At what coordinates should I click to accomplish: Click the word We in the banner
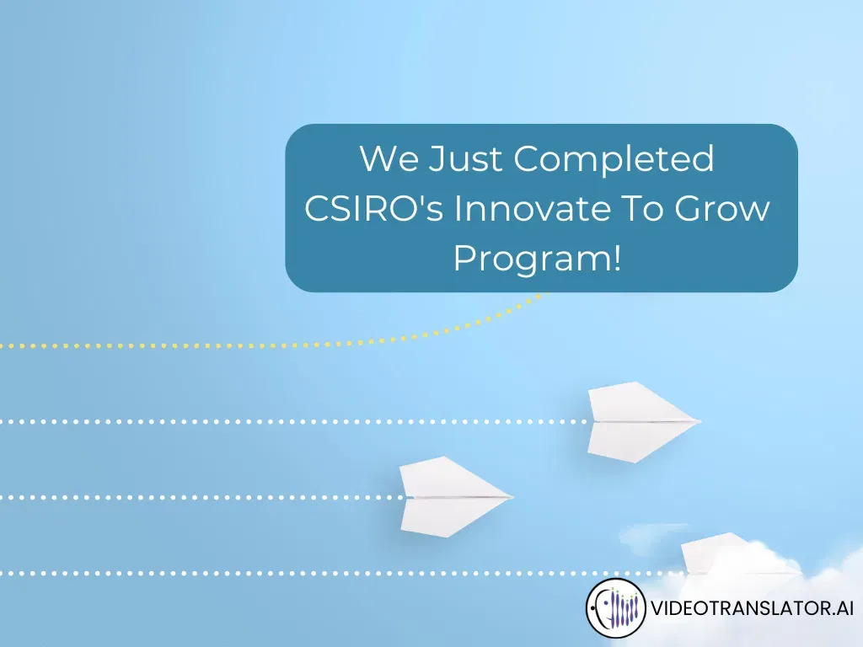click(x=389, y=158)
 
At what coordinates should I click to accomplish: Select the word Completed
click(x=614, y=160)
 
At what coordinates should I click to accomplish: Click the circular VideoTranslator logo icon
click(x=616, y=608)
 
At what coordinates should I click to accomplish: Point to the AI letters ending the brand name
click(x=843, y=608)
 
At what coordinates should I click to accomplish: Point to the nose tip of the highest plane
click(x=700, y=420)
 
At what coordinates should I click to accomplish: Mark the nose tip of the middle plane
click(x=512, y=496)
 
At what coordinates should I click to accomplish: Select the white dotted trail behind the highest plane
click(x=295, y=421)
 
